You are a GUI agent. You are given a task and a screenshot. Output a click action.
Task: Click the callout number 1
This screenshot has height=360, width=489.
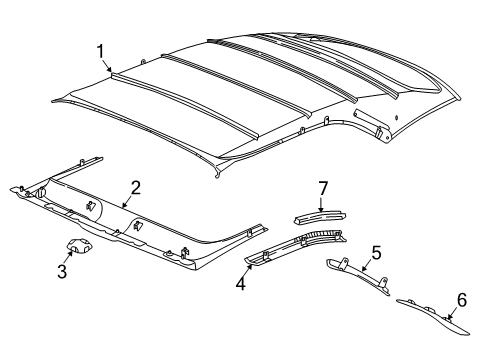(x=100, y=51)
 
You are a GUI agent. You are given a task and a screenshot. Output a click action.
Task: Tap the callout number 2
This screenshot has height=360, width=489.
(x=134, y=187)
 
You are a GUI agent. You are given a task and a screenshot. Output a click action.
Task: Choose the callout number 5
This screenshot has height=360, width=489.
(x=376, y=254)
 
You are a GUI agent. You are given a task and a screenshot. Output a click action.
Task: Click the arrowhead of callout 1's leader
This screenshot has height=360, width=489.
(x=112, y=73)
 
